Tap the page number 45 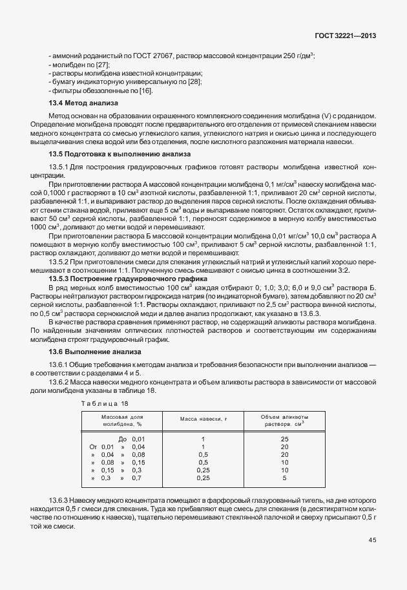(372, 540)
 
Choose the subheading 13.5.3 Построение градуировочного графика (121, 278)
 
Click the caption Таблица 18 (104, 403)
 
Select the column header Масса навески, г (203, 419)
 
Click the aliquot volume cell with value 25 (285, 439)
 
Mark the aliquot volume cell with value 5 (285, 478)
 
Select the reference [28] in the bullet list (196, 81)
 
